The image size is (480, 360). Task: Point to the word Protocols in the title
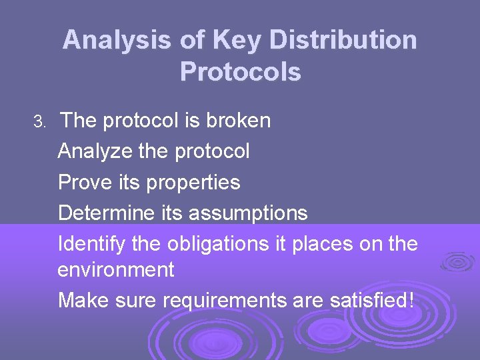coord(240,72)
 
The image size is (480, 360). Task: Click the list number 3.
coord(39,122)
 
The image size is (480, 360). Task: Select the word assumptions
coord(248,213)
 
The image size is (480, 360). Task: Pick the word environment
coord(116,270)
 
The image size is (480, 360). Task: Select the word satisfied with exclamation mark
coord(372,301)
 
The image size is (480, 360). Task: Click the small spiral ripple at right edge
coord(458,262)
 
